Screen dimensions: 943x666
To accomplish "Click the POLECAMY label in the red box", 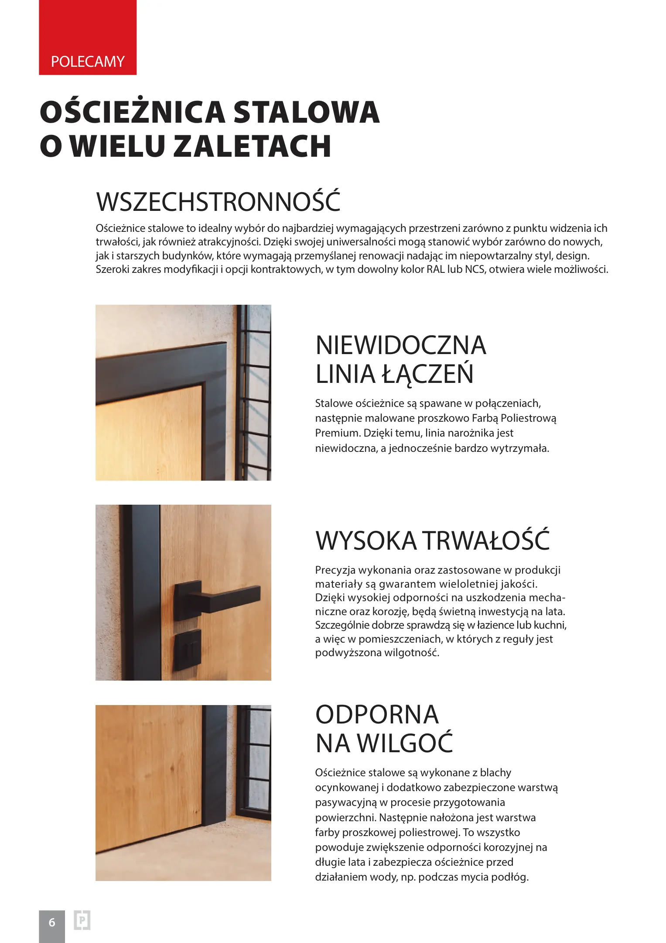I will tap(88, 62).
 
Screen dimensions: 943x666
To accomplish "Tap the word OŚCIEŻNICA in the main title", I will tap(132, 112).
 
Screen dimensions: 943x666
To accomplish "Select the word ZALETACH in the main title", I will tap(253, 146).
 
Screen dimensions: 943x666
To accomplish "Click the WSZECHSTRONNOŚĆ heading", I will tap(218, 201).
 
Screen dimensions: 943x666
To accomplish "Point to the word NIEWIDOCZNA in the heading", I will tap(400, 345).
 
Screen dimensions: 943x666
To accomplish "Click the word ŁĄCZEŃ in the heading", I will tap(427, 374).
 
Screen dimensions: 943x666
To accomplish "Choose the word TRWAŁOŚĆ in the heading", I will tap(486, 540).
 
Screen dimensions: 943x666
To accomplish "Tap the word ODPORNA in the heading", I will tap(377, 715).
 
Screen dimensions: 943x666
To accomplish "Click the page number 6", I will tap(52, 922).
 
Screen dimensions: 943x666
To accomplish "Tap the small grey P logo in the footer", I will tap(82, 920).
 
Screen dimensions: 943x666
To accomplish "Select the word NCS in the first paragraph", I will tap(475, 269).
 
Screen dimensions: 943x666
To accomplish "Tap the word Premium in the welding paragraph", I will tap(338, 433).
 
